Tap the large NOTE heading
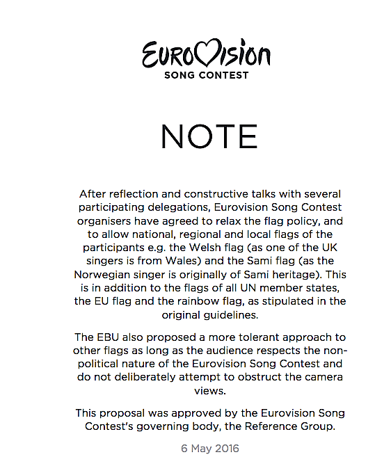pos(209,137)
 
